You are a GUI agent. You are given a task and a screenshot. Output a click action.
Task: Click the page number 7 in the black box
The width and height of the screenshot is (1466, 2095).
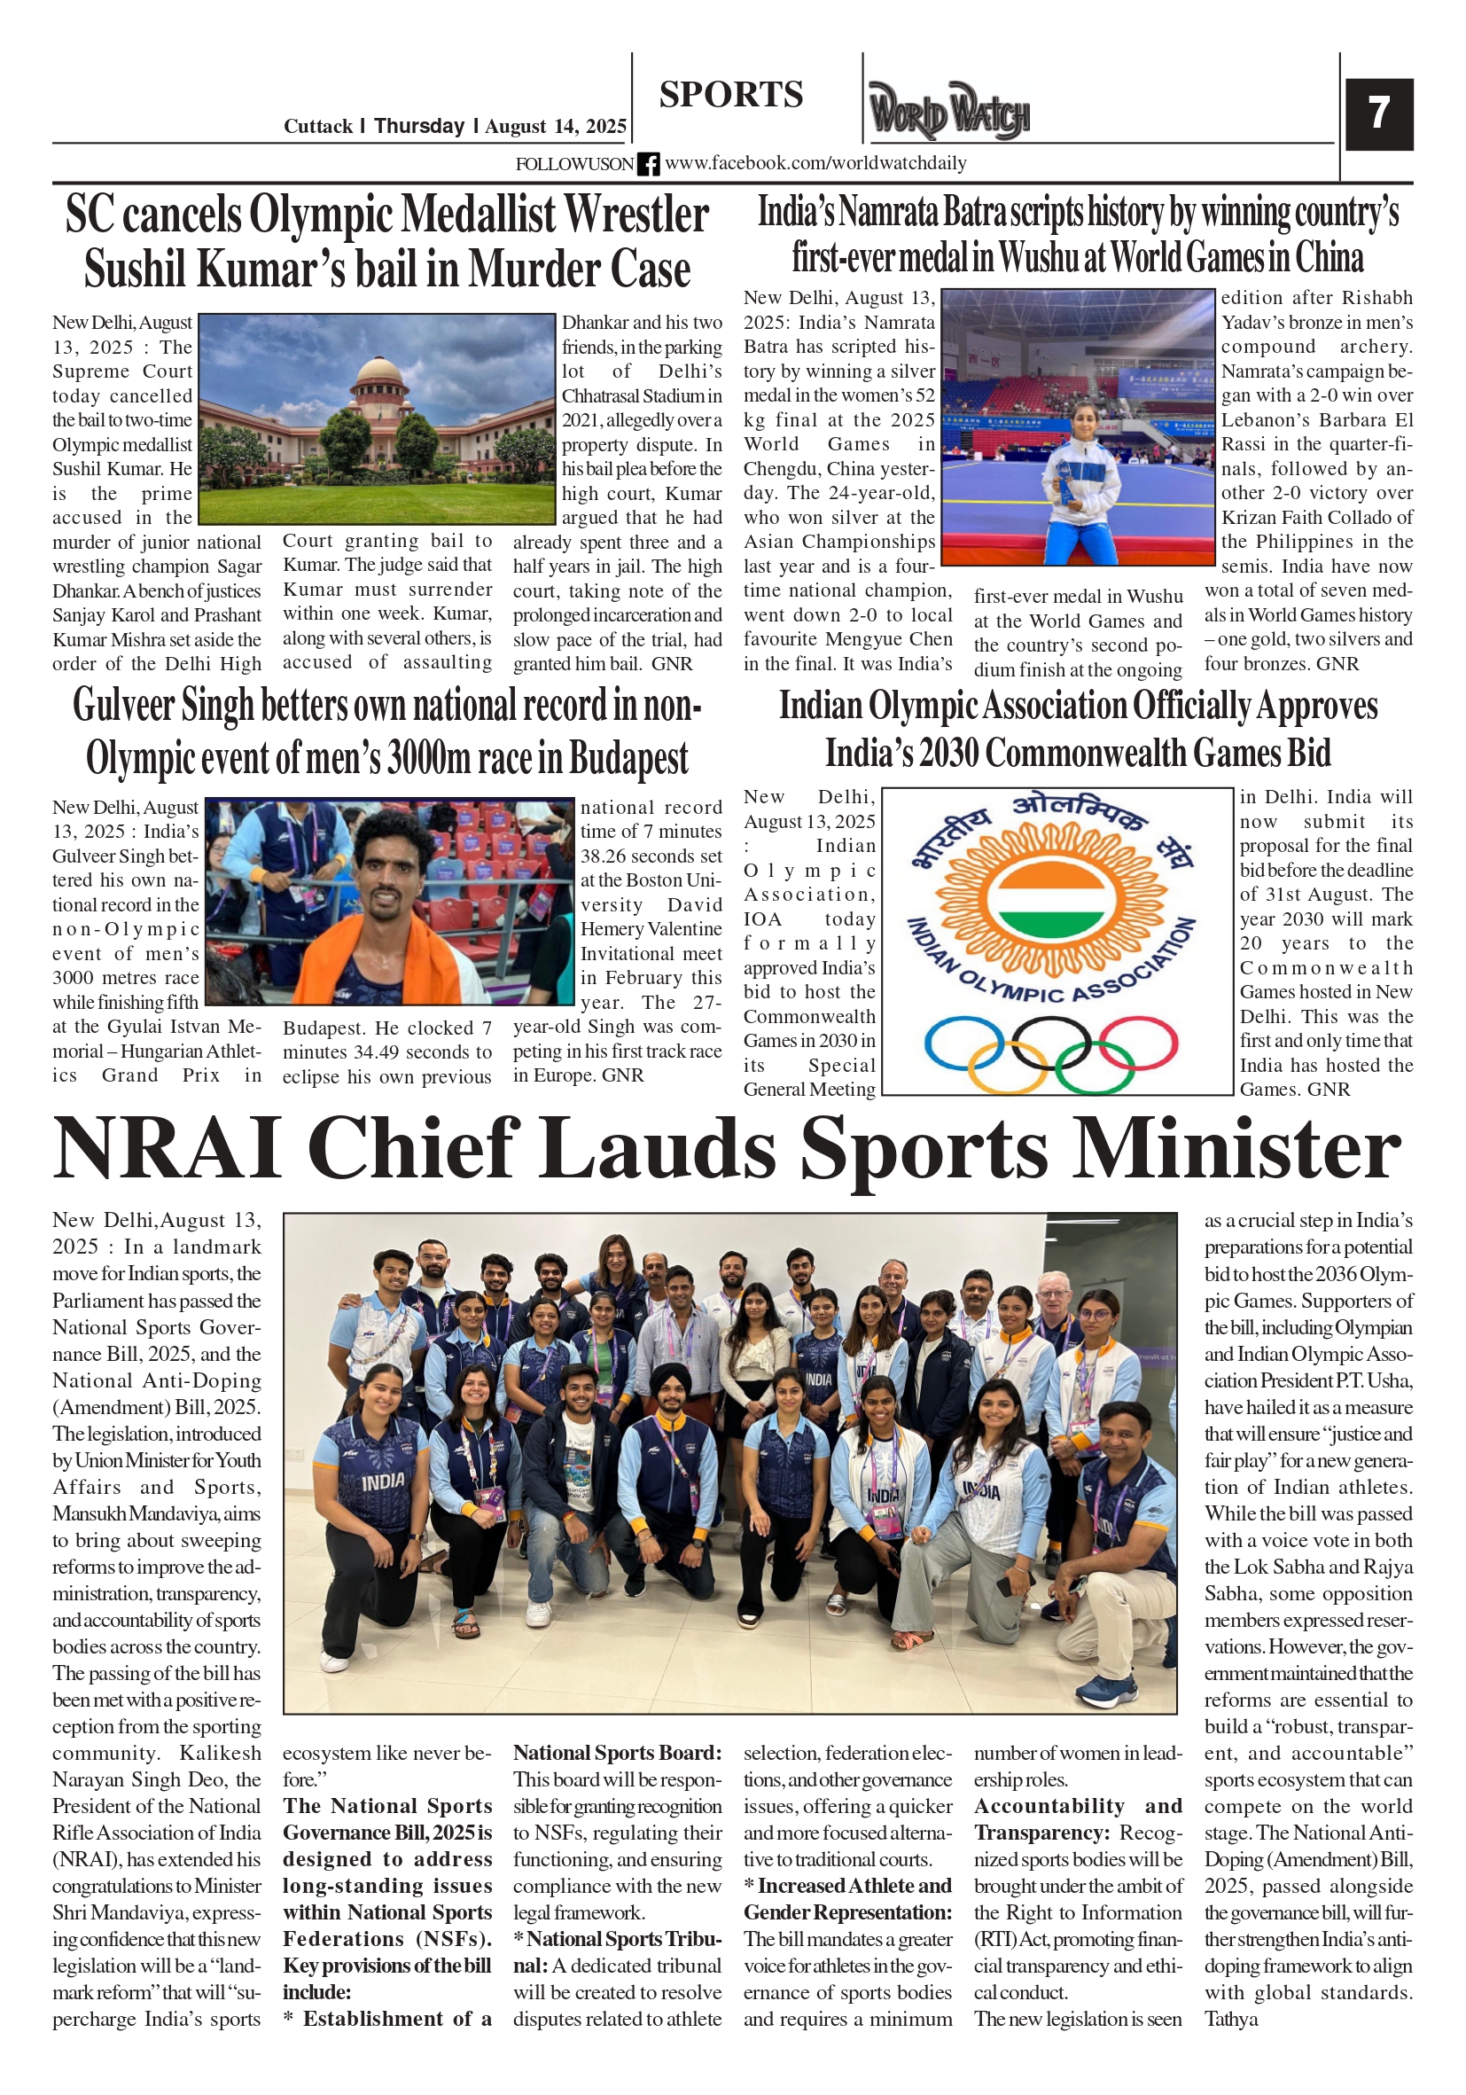[1377, 113]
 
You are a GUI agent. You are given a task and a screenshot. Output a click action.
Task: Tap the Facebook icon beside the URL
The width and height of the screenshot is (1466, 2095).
[648, 164]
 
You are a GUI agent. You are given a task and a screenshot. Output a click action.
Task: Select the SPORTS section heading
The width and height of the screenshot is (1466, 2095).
[730, 95]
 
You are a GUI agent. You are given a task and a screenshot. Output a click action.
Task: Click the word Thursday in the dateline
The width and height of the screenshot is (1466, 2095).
[418, 126]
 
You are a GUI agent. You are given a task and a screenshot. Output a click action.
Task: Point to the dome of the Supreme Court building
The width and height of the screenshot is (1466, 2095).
[378, 372]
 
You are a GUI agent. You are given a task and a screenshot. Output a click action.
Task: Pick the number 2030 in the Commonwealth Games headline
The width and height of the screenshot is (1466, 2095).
[947, 754]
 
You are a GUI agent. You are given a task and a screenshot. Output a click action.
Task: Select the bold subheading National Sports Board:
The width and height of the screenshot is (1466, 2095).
[617, 1752]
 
